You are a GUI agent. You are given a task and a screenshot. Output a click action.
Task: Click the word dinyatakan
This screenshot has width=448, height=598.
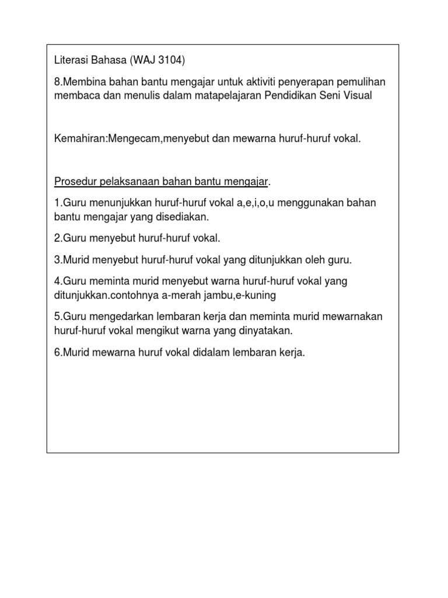(x=264, y=331)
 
